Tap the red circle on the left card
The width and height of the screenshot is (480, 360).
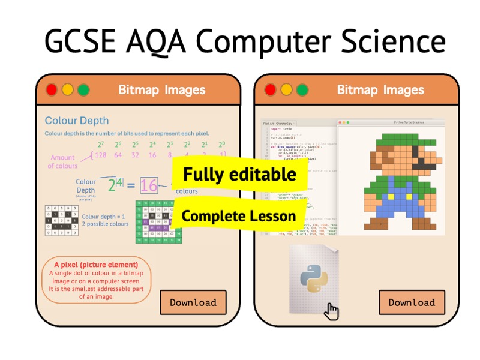click(x=52, y=90)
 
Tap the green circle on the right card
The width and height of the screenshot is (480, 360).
click(x=302, y=90)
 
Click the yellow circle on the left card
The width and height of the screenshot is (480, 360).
click(x=68, y=90)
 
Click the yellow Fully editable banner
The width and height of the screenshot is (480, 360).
click(x=239, y=174)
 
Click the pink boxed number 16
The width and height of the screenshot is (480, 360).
click(x=149, y=185)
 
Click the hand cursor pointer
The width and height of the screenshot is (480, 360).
click(x=331, y=311)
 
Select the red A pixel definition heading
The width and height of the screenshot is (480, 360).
click(x=96, y=265)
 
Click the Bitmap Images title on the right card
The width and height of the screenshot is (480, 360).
click(x=380, y=90)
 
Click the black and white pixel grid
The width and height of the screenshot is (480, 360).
click(x=62, y=220)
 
